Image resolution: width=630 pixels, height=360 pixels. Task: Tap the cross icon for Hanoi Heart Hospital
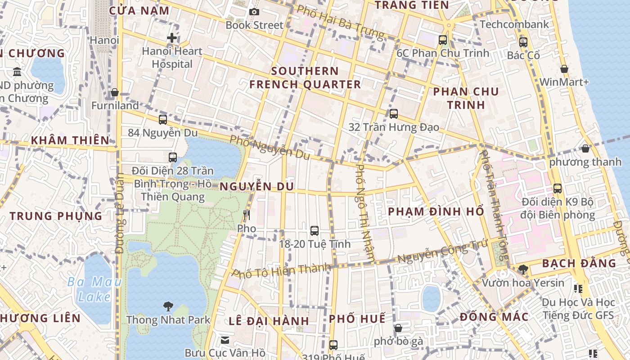(x=171, y=38)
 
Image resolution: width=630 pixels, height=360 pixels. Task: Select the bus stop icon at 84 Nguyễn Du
(x=163, y=120)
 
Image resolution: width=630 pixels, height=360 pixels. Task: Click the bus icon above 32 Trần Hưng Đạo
(x=394, y=114)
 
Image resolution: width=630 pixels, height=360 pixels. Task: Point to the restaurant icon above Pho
(x=246, y=215)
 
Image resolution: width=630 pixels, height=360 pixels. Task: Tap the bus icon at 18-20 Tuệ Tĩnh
(x=315, y=231)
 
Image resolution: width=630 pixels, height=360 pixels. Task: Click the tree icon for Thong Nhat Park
(x=168, y=307)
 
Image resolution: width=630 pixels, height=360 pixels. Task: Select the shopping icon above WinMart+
(x=564, y=69)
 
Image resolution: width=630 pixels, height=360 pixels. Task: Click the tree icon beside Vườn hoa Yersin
(x=523, y=270)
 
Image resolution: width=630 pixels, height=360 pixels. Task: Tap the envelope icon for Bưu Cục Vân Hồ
(x=225, y=340)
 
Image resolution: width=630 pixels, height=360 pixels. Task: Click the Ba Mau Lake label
(x=94, y=289)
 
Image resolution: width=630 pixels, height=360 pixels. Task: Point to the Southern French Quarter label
(x=305, y=78)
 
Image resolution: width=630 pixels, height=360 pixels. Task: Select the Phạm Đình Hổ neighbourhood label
(x=436, y=211)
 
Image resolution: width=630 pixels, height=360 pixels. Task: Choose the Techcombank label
(x=514, y=24)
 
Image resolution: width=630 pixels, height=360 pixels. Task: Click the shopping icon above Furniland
(x=115, y=92)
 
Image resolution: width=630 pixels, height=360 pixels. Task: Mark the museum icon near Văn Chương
(x=17, y=72)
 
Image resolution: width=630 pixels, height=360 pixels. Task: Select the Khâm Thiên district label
(x=70, y=140)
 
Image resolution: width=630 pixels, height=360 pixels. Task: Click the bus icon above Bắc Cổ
(x=523, y=42)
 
